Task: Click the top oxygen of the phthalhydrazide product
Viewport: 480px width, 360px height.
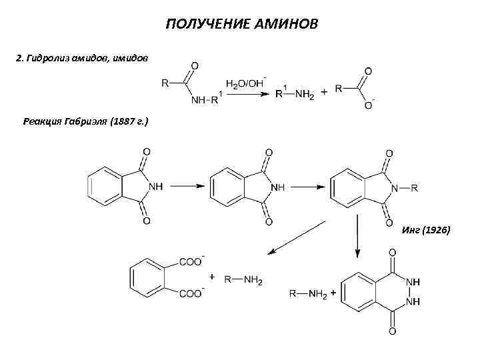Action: pos(392,253)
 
